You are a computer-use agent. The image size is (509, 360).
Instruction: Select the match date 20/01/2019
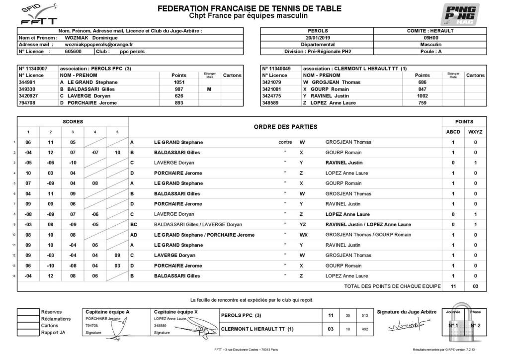pyautogui.click(x=318, y=37)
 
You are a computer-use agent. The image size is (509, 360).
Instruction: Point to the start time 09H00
pyautogui.click(x=430, y=37)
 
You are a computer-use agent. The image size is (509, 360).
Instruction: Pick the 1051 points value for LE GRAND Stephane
pyautogui.click(x=179, y=82)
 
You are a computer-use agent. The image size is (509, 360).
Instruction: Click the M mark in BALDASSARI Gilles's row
pyautogui.click(x=209, y=89)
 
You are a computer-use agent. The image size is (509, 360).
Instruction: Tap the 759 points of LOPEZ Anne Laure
pyautogui.click(x=422, y=103)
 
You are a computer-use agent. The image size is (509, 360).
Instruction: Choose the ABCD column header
pyautogui.click(x=453, y=132)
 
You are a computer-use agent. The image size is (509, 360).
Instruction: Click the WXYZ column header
pyautogui.click(x=475, y=132)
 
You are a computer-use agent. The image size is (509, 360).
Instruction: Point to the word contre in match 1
pyautogui.click(x=285, y=142)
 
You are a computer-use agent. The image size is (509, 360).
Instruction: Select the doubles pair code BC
pyautogui.click(x=134, y=224)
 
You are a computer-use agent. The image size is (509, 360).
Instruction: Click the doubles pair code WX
pyautogui.click(x=302, y=235)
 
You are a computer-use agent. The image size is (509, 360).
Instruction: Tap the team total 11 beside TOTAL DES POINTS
pyautogui.click(x=453, y=286)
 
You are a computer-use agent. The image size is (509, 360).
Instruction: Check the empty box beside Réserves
pyautogui.click(x=28, y=312)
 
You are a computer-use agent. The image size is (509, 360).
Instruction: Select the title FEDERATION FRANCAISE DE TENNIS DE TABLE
pyautogui.click(x=249, y=8)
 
